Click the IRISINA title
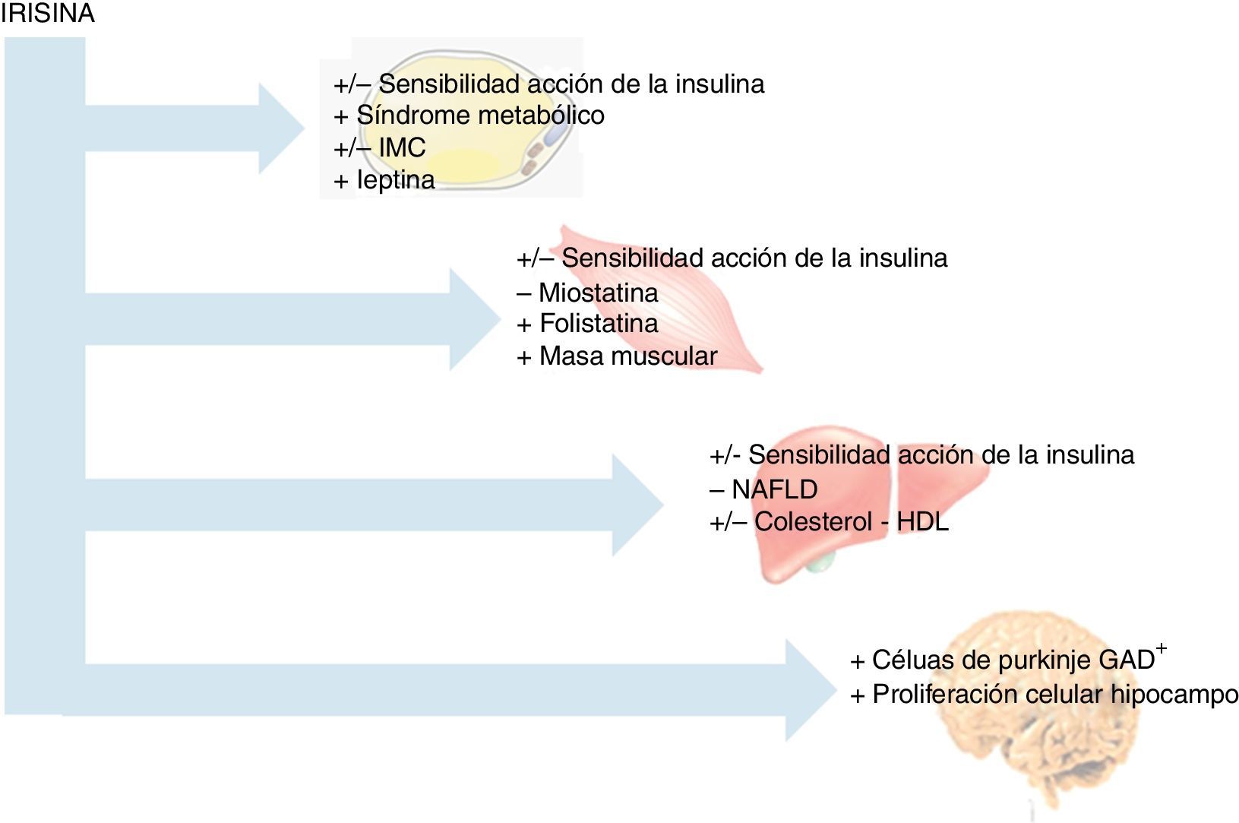coord(47,14)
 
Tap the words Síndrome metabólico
coord(480,116)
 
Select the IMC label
coord(402,147)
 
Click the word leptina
coord(396,180)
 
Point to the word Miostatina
coord(598,293)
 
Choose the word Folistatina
coord(599,324)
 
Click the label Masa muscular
coord(628,356)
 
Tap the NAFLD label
coord(774,489)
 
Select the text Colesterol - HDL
coord(851,522)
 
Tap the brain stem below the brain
coord(1032,806)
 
